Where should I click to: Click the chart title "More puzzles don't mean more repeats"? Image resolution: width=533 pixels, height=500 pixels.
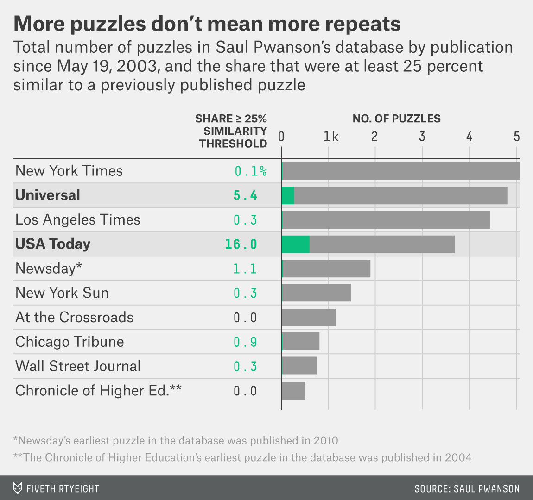pos(207,24)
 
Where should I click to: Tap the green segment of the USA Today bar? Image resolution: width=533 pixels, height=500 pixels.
pos(295,244)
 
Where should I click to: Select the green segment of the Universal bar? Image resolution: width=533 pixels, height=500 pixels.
pos(288,195)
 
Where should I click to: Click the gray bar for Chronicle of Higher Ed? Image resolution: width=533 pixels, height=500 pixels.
pos(293,391)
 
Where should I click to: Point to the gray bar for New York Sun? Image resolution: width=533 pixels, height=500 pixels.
pos(316,293)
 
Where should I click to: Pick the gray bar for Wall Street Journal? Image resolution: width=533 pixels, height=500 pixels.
pos(300,366)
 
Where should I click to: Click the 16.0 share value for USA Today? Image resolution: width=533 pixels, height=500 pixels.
pos(241,244)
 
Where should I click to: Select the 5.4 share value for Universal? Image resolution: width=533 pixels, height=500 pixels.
pos(245,195)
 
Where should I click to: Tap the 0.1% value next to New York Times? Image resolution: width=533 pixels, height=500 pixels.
pos(250,171)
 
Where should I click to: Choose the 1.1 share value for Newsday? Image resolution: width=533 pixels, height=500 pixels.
pos(245,269)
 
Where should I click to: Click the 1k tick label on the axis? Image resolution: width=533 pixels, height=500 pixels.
pos(331,137)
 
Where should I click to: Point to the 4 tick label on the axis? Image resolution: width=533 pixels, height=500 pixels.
pos(469,137)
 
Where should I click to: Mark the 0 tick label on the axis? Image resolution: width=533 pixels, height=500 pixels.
pos(281,137)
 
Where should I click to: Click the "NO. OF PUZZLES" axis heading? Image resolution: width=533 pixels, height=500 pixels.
pos(396,119)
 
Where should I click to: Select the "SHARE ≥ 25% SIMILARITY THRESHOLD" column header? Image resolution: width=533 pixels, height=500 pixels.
pos(232,131)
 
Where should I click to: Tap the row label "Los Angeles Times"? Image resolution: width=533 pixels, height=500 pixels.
pos(78,219)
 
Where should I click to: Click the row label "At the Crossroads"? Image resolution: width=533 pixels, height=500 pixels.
pos(74,317)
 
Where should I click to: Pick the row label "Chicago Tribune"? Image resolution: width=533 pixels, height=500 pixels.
pos(70,342)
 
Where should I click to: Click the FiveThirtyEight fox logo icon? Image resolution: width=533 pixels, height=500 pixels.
pos(17,488)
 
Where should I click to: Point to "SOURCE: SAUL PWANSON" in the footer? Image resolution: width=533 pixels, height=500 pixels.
pos(467,489)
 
